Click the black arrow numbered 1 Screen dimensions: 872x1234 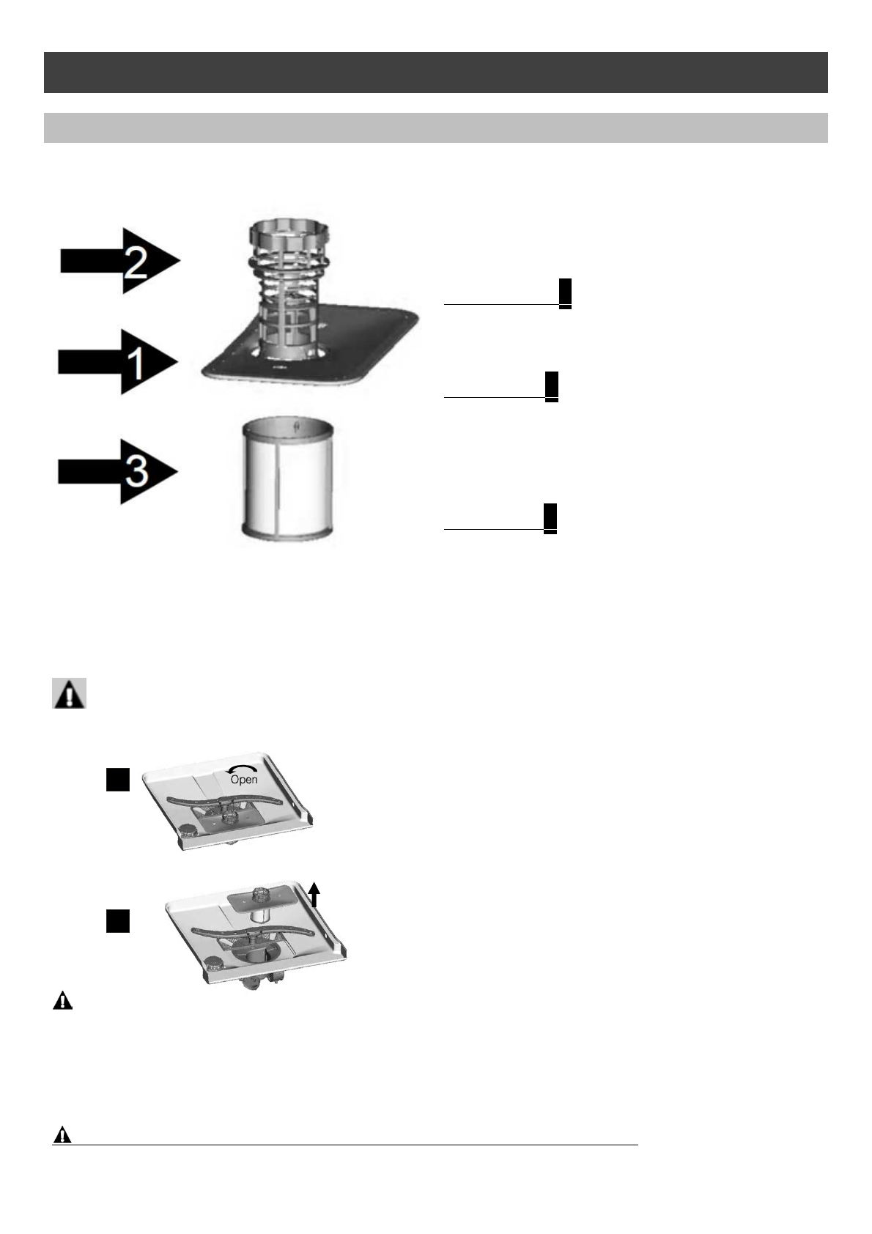pyautogui.click(x=118, y=362)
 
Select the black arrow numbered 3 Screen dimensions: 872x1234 pyautogui.click(x=118, y=471)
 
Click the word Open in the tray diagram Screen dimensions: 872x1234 pyautogui.click(x=244, y=780)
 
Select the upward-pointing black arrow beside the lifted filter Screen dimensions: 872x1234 pyautogui.click(x=314, y=895)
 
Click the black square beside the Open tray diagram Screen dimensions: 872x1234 pyautogui.click(x=117, y=780)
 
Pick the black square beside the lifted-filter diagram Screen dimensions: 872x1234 pyautogui.click(x=117, y=920)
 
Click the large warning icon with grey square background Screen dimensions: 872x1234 pyautogui.click(x=70, y=693)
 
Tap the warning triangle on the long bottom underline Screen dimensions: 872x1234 pyautogui.click(x=63, y=1135)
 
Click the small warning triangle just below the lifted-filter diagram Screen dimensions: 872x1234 pyautogui.click(x=63, y=1001)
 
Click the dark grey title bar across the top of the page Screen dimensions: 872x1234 pyautogui.click(x=435, y=73)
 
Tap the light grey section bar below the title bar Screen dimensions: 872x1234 pyautogui.click(x=435, y=128)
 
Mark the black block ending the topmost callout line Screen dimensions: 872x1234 pyautogui.click(x=565, y=293)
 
